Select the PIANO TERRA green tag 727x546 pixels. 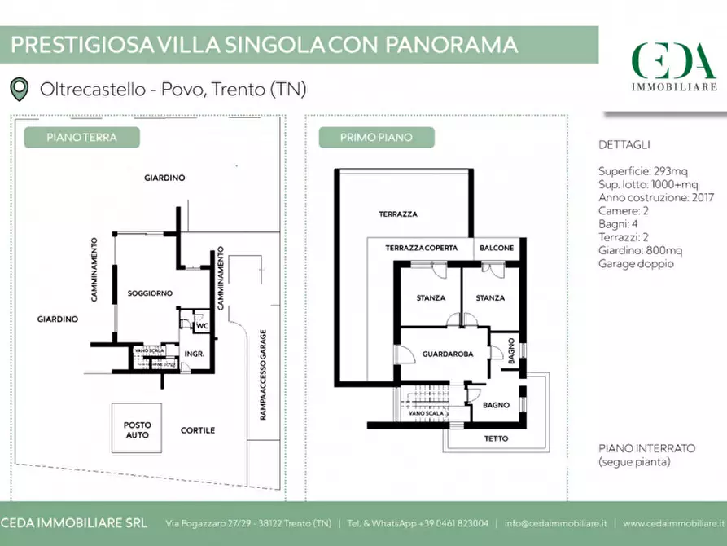pos(81,138)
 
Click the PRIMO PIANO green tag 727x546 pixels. pos(376,138)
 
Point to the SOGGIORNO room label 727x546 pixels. pos(147,293)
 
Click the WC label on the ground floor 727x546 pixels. pos(203,326)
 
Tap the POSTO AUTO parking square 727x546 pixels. pos(137,429)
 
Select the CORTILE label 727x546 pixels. pos(198,430)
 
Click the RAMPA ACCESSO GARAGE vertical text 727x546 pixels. pos(263,375)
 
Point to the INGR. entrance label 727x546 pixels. pos(194,354)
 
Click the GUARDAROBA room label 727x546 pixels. pos(443,354)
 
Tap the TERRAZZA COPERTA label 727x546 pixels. pos(421,248)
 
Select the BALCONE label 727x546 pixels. pos(497,248)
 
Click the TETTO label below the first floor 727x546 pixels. pos(496,438)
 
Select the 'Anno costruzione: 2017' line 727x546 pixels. pos(656,198)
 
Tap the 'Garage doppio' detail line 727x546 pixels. pos(636,263)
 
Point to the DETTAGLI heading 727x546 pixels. pos(624,145)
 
